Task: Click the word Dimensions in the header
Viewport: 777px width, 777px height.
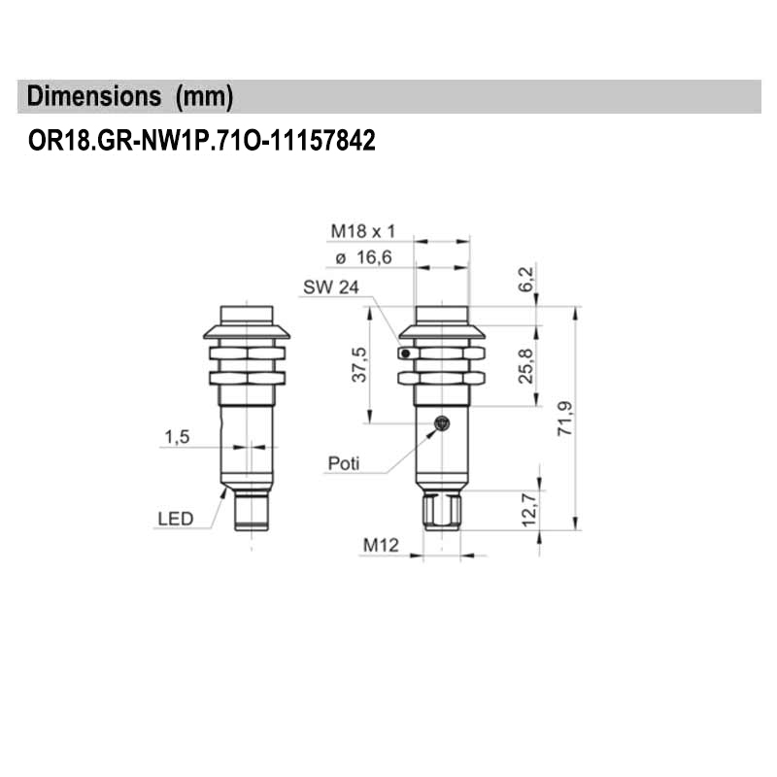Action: tap(94, 97)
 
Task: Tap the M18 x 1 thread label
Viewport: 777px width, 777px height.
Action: tap(364, 231)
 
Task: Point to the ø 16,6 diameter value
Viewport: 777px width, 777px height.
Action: tap(363, 258)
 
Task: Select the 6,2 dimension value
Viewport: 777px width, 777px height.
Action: tap(525, 280)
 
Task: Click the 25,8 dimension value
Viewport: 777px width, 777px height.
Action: tap(525, 367)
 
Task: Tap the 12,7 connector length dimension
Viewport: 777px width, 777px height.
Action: tap(525, 510)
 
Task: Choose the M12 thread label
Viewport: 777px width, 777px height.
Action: tap(382, 546)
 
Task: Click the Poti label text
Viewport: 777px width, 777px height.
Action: tap(343, 463)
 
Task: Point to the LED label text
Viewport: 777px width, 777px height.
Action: tap(175, 519)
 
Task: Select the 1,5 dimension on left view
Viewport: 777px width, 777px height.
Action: tap(177, 437)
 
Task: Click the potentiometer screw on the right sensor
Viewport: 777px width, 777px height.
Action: tap(442, 422)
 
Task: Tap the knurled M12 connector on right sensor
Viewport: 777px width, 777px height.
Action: tap(442, 511)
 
